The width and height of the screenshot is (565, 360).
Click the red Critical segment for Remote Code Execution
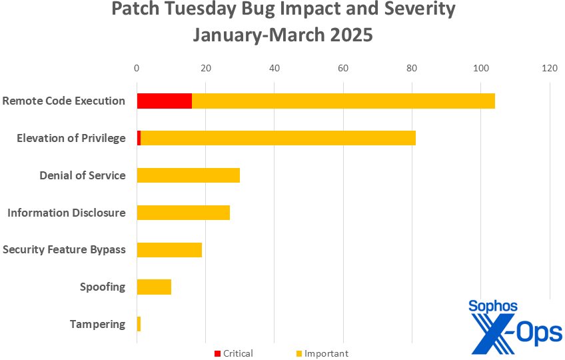(x=164, y=101)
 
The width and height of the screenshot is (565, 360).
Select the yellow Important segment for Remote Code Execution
(x=343, y=101)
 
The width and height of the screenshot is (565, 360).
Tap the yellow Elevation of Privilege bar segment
(x=278, y=138)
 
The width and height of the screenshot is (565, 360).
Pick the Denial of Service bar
(x=188, y=175)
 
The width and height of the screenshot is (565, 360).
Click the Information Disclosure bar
(x=183, y=213)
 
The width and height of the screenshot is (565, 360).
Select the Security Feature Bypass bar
(x=169, y=250)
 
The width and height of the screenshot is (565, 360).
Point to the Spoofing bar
(x=154, y=287)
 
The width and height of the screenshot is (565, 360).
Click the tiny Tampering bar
(x=139, y=325)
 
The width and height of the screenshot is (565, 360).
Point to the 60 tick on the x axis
(x=343, y=68)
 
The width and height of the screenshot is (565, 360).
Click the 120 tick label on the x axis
(x=550, y=68)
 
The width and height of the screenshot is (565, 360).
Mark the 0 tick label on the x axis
(x=137, y=68)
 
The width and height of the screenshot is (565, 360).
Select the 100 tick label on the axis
(x=480, y=68)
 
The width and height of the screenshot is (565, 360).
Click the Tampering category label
(x=97, y=325)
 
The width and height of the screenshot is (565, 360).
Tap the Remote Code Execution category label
(x=63, y=101)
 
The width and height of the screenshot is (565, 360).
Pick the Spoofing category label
(x=102, y=287)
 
